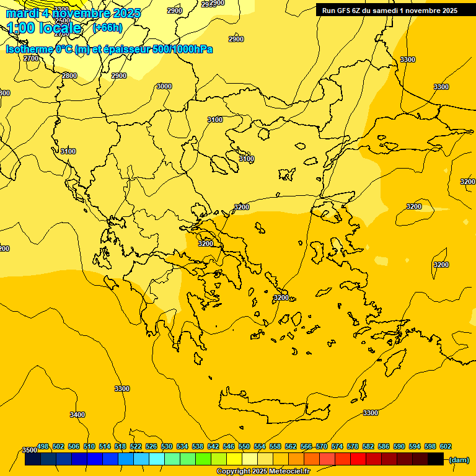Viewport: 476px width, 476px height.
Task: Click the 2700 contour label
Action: coord(31,58)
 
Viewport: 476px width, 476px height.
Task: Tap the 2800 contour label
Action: coord(69,76)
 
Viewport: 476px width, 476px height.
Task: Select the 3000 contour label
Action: coord(164,86)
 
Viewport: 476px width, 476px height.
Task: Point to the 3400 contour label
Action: coord(77,415)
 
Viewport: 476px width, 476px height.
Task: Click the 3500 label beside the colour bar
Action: coord(29,450)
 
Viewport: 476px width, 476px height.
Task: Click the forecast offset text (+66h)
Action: coord(107,28)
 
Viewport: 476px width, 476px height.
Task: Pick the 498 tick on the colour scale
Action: coord(43,446)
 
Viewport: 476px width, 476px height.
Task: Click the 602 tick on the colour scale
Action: coord(446,446)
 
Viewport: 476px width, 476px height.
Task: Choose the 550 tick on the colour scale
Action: coord(244,446)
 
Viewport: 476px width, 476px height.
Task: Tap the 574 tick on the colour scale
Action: coord(337,446)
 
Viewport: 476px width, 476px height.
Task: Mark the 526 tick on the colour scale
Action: coord(151,446)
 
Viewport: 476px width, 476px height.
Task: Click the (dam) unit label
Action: coord(459,460)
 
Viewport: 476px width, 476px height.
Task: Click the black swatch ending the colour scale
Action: coord(435,459)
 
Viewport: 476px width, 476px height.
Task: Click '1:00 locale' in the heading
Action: coord(45,28)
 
